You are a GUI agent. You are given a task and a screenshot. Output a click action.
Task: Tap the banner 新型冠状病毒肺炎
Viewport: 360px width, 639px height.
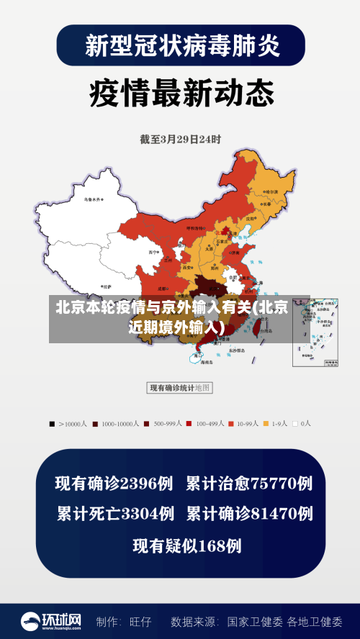coord(181,45)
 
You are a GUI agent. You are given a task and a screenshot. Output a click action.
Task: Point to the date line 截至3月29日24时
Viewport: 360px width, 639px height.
coord(180,139)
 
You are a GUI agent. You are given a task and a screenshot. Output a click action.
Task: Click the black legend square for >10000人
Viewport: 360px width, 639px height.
coord(52,424)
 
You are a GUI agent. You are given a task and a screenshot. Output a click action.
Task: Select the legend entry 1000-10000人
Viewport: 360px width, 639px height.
coord(115,424)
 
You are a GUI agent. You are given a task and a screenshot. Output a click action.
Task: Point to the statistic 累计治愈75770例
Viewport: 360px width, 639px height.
coord(249,484)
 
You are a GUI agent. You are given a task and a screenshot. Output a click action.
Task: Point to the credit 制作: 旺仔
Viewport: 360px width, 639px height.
coord(123,621)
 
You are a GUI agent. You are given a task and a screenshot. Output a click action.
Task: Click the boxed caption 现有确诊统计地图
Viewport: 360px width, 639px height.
coord(179,388)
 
